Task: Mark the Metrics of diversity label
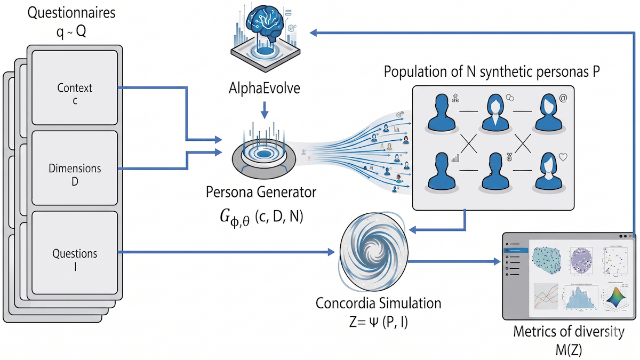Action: [x=568, y=332]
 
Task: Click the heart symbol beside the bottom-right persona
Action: [x=564, y=157]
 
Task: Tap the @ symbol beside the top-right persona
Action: [x=564, y=99]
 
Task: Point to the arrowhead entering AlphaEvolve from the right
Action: [x=315, y=33]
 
